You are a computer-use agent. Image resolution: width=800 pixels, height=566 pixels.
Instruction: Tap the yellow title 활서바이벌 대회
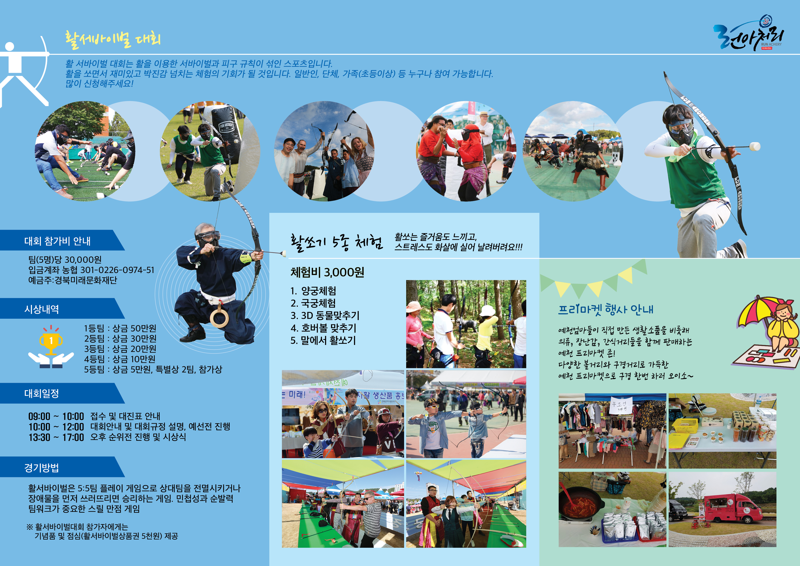pyautogui.click(x=113, y=39)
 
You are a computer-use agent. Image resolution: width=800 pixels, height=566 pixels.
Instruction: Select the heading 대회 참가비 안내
pyautogui.click(x=57, y=241)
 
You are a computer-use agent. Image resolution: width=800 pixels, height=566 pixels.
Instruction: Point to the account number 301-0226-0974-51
pyautogui.click(x=117, y=270)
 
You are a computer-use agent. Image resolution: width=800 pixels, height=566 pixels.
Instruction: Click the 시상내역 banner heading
pyautogui.click(x=42, y=309)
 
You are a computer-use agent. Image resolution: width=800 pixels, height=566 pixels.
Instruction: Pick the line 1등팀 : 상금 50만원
pyautogui.click(x=120, y=328)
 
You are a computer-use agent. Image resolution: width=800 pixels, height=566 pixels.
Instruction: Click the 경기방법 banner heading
pyautogui.click(x=42, y=468)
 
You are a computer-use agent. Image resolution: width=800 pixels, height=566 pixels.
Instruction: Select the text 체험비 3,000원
pyautogui.click(x=327, y=272)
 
